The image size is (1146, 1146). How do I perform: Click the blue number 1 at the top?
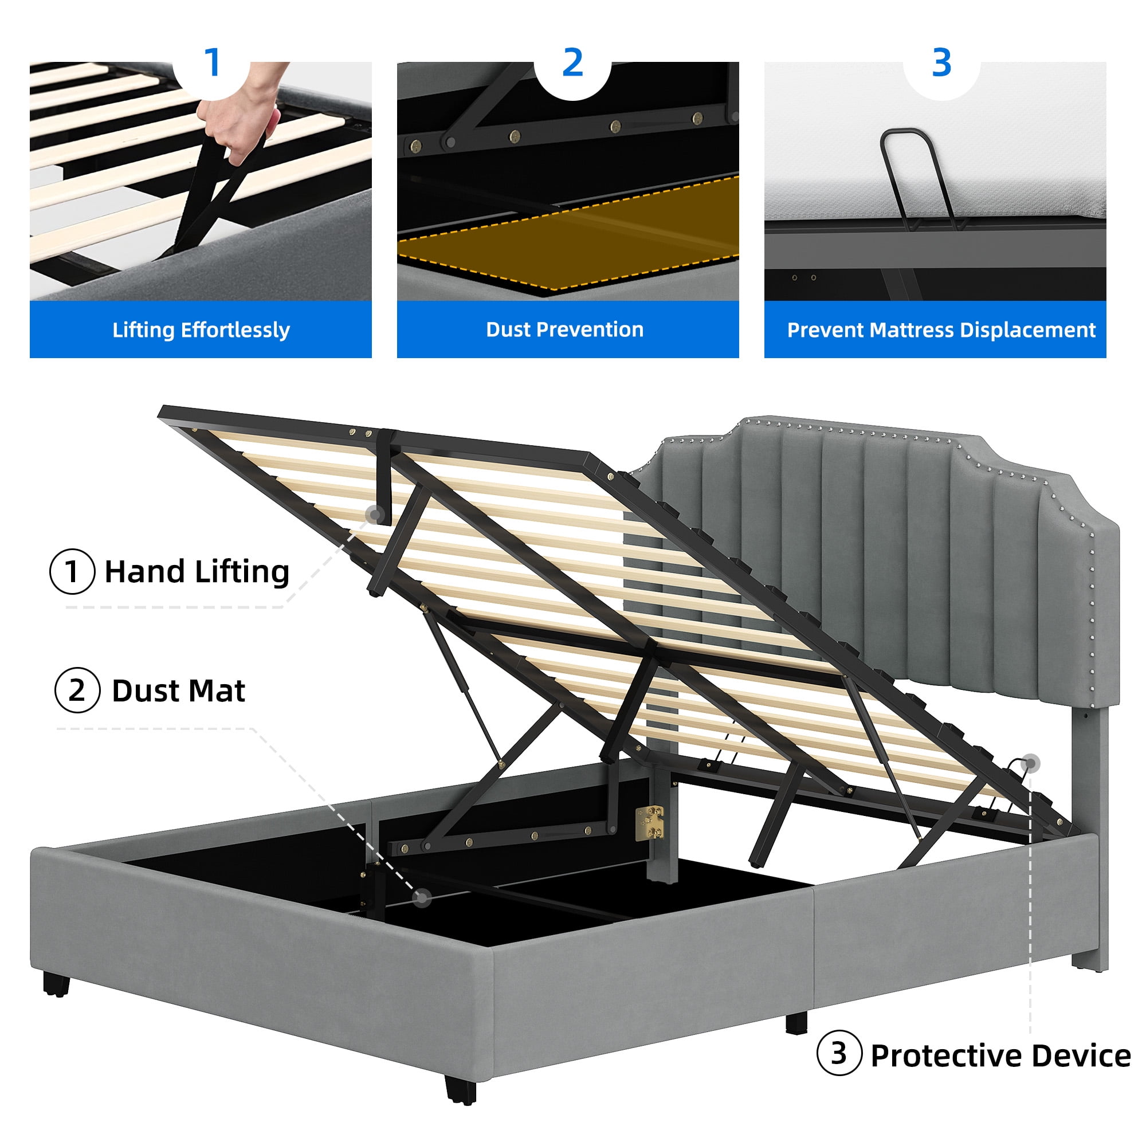point(212,62)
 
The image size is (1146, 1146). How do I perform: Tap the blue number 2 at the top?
point(572,62)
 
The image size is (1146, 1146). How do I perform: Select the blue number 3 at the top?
point(941,62)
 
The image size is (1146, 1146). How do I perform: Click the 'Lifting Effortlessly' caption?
point(201,330)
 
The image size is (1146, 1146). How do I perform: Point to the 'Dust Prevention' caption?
point(565,329)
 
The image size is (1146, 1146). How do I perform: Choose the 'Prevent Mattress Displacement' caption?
point(941,330)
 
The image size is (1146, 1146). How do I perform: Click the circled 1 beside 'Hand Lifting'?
point(72,571)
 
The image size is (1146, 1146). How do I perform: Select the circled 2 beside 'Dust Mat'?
point(77,690)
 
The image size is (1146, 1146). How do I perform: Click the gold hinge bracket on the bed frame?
point(650,822)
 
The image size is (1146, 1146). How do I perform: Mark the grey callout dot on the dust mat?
point(422,898)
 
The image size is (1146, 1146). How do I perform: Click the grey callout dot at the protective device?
point(1031,763)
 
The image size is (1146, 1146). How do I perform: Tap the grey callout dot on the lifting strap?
point(374,515)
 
